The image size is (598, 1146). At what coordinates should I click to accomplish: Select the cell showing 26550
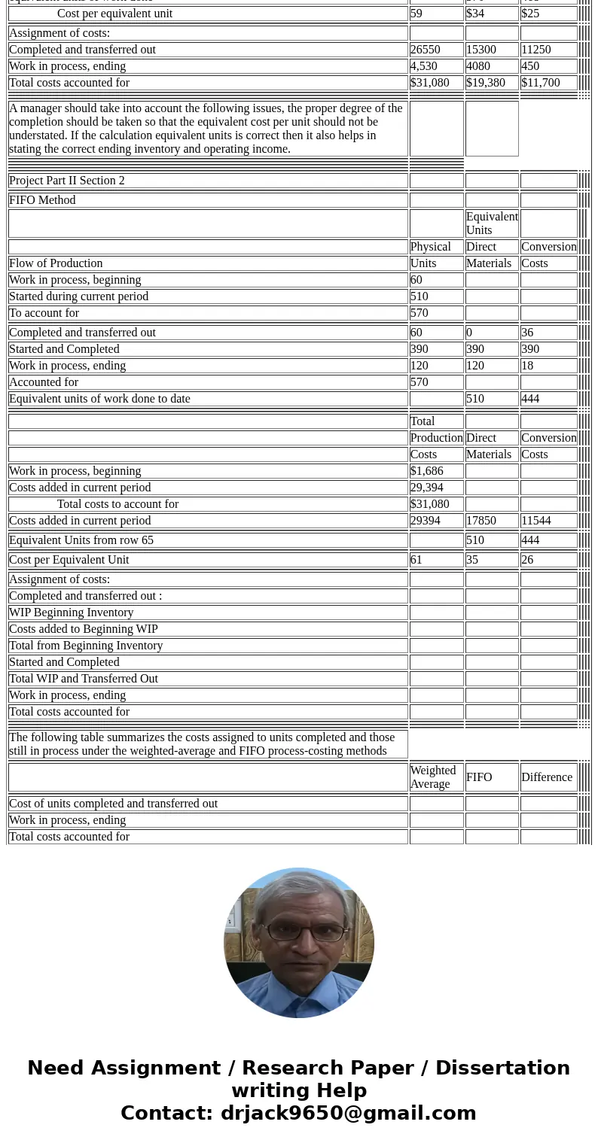(426, 50)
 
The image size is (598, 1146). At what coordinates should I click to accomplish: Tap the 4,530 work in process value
(424, 66)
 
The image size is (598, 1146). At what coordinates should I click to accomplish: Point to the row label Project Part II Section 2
(67, 181)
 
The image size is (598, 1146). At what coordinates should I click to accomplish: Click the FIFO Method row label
(42, 200)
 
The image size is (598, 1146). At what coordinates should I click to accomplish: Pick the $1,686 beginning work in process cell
(427, 471)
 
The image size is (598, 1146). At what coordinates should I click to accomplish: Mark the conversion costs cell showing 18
(527, 366)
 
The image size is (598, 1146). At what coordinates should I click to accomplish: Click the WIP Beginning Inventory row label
(71, 613)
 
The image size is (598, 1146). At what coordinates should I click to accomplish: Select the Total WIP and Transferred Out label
(84, 679)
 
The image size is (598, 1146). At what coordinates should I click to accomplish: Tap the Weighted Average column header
(433, 777)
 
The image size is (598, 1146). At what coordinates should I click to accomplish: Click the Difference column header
(547, 777)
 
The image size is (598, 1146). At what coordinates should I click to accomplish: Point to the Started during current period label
(78, 296)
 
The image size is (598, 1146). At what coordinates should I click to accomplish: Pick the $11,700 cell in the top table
(541, 83)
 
